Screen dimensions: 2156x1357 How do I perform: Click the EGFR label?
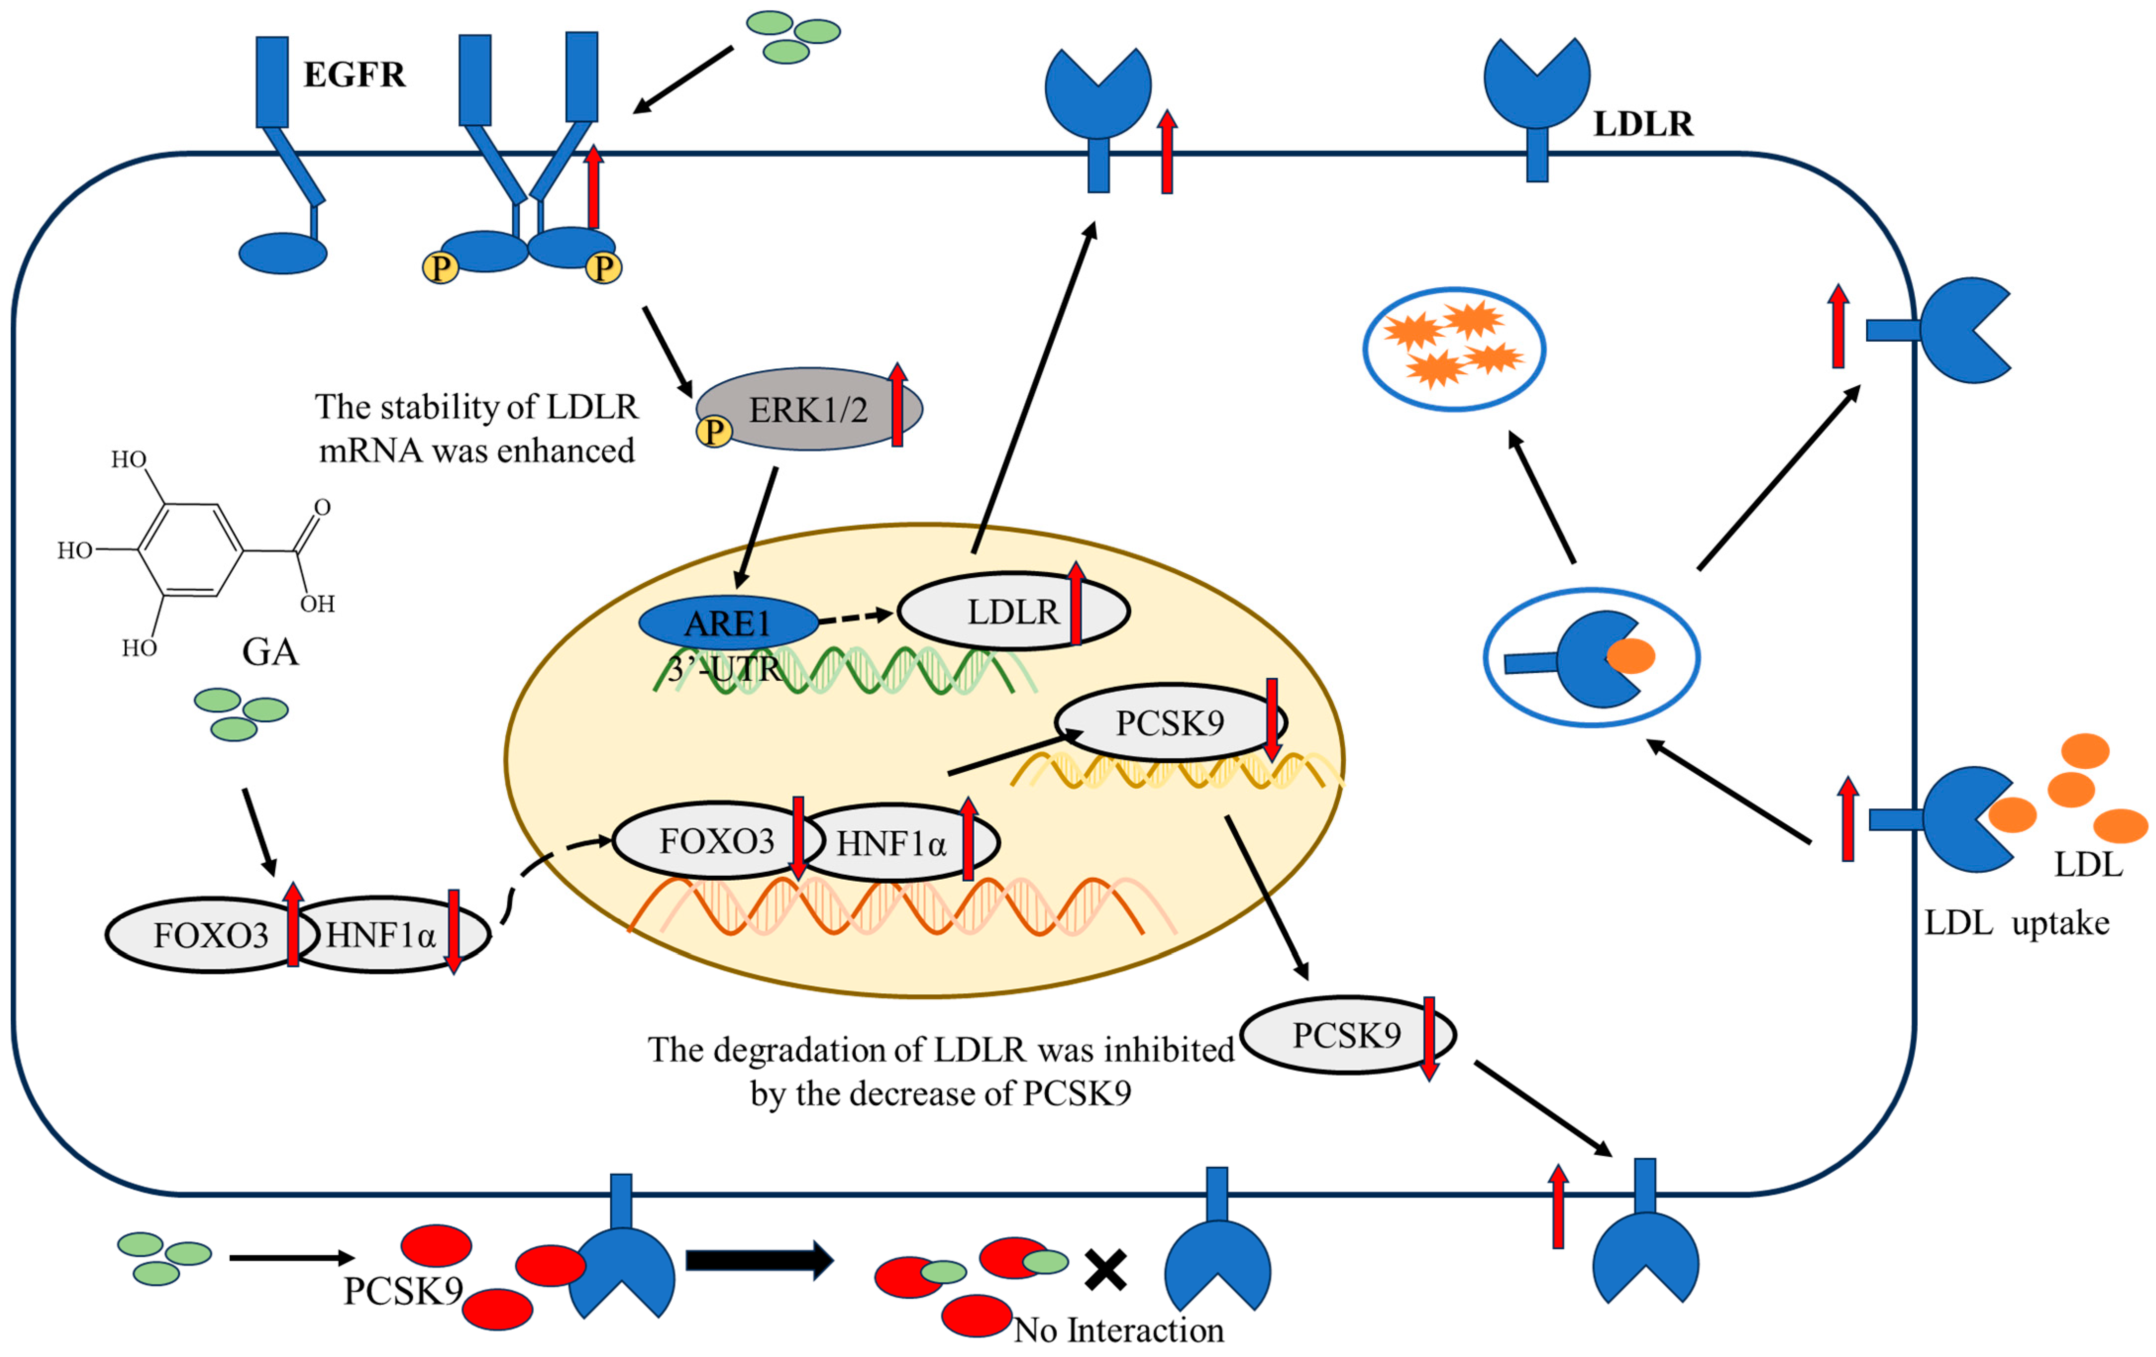(355, 74)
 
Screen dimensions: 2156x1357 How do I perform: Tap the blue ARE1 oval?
(728, 622)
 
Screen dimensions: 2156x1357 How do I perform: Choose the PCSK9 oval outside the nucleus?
(1348, 1035)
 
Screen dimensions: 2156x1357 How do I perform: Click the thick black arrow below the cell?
(759, 1260)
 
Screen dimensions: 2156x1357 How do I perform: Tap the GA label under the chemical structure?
(270, 652)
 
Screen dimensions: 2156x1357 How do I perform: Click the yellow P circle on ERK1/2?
(714, 431)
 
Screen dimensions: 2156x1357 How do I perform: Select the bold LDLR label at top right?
(1644, 124)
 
